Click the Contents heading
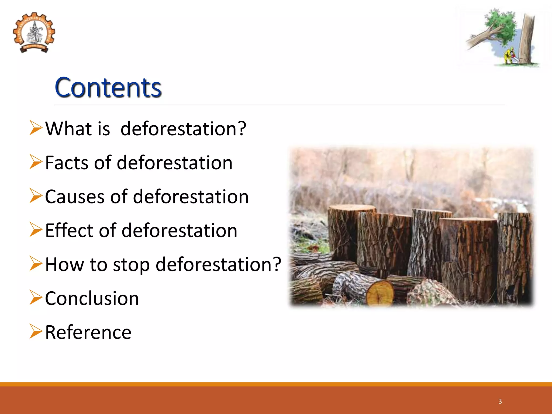tap(108, 87)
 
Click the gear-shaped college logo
tap(34, 33)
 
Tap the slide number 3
tap(500, 401)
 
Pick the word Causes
tap(75, 197)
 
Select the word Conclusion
tap(92, 299)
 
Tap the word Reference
tap(88, 333)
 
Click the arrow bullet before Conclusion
tap(36, 298)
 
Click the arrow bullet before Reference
tap(36, 332)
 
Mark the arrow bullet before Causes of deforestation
tap(36, 196)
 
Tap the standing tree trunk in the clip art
tap(527, 38)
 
